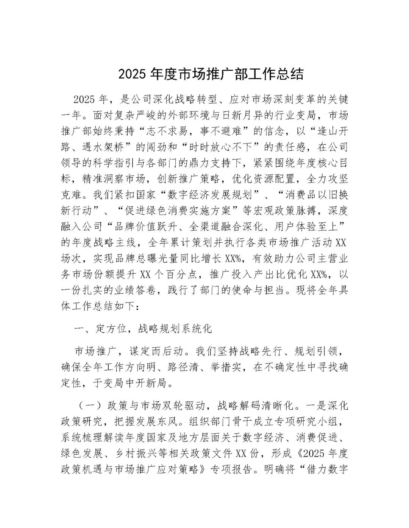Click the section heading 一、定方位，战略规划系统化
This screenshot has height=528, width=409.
pyautogui.click(x=143, y=329)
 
